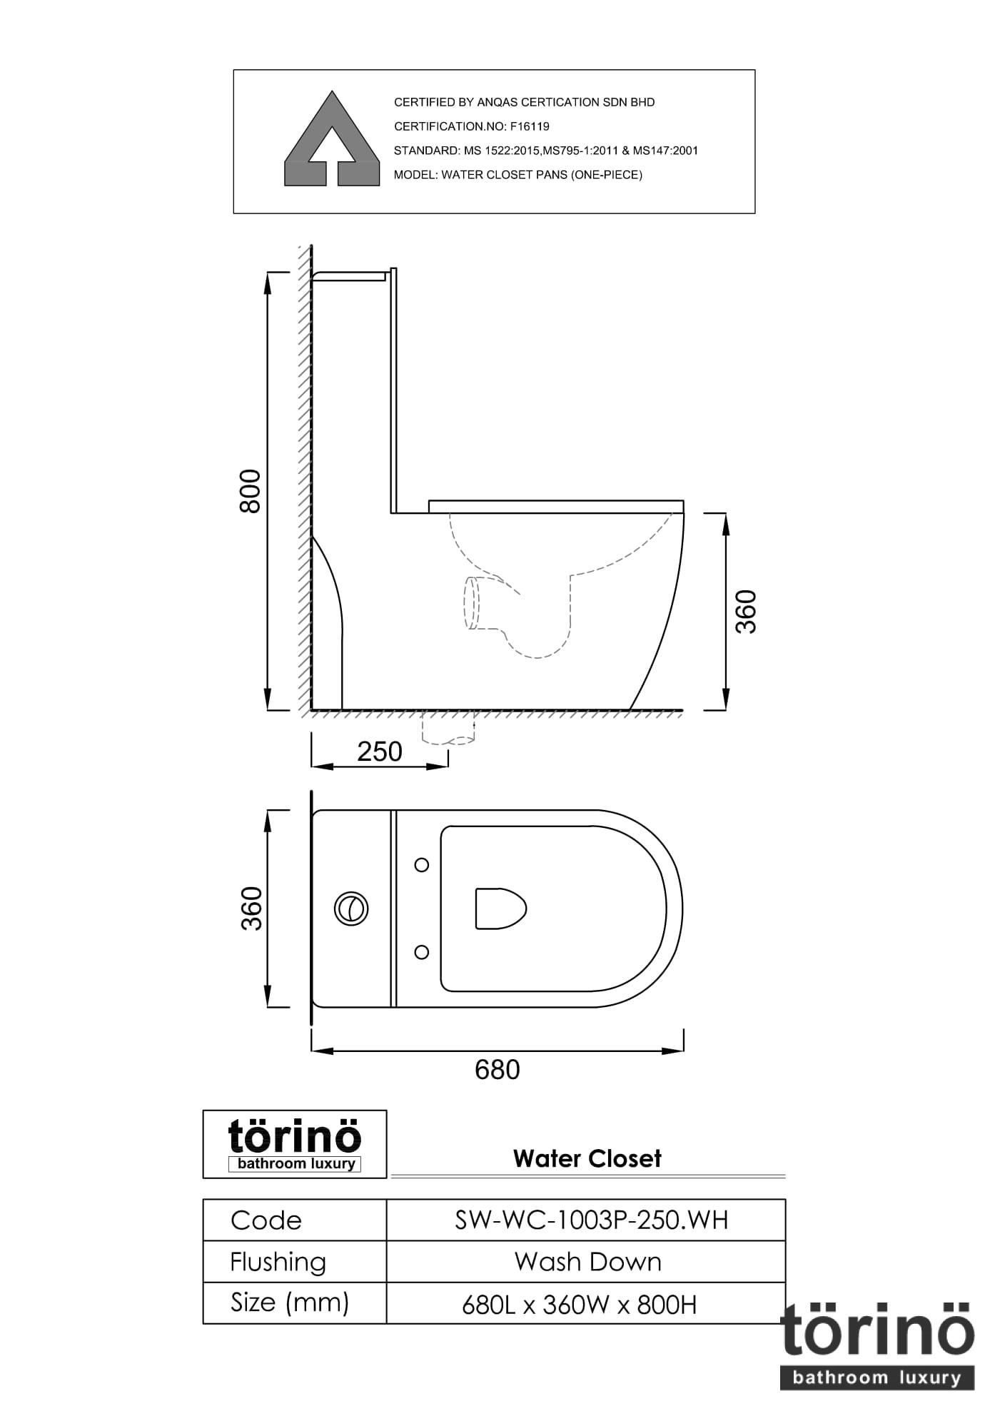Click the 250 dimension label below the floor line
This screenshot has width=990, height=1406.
380,752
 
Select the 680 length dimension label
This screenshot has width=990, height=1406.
497,1069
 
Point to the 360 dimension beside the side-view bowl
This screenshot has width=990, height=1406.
746,611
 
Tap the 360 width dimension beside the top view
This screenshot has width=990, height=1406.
251,908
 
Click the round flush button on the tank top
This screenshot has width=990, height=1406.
350,909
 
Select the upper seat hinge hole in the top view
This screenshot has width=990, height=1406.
422,865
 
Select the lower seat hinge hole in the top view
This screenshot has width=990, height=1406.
422,952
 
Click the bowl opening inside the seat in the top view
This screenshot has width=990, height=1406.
500,909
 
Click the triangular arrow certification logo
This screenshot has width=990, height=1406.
332,141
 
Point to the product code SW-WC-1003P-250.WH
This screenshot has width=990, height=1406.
591,1220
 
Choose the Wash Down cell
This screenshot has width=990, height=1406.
587,1262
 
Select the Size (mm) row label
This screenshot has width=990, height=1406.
289,1303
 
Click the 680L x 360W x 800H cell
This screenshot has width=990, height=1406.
579,1305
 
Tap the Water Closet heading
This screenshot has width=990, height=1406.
587,1158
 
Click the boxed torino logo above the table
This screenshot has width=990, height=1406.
295,1144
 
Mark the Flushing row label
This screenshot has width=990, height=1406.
278,1262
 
